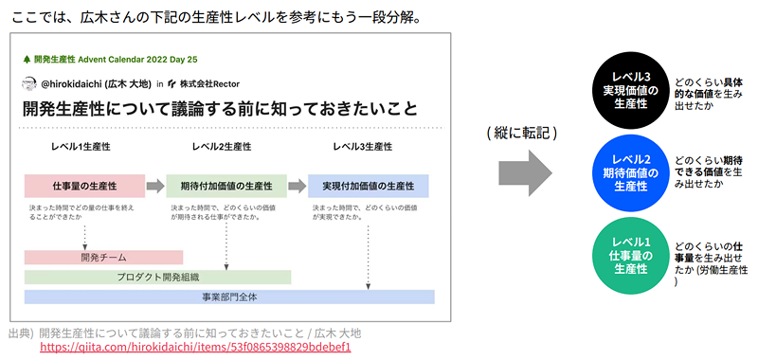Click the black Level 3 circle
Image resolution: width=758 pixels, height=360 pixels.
click(x=630, y=91)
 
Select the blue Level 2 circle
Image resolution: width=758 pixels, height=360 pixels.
click(x=630, y=173)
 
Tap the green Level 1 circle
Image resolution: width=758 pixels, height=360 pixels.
click(x=630, y=256)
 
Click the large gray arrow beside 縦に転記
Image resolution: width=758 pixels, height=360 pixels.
click(x=525, y=173)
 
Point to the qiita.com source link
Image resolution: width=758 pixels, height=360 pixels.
click(x=195, y=348)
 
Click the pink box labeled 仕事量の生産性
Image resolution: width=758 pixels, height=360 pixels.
click(x=84, y=186)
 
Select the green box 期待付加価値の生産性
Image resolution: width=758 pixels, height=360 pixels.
click(x=226, y=186)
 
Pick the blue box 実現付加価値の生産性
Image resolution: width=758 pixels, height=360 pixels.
click(x=369, y=186)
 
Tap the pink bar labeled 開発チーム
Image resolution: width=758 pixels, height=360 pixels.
click(x=103, y=258)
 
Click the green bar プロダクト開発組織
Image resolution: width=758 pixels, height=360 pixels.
click(x=157, y=278)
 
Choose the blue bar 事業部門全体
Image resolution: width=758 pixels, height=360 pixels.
click(x=229, y=297)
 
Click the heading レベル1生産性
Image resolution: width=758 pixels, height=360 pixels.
click(x=81, y=147)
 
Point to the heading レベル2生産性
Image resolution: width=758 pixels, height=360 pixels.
click(x=222, y=147)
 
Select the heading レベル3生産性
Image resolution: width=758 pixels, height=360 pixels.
click(x=363, y=147)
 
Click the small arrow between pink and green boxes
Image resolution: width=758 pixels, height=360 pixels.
click(x=155, y=186)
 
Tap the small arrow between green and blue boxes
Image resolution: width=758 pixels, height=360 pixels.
click(x=298, y=186)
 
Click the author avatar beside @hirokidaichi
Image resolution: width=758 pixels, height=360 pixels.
click(x=29, y=83)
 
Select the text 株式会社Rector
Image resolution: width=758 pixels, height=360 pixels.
click(x=209, y=84)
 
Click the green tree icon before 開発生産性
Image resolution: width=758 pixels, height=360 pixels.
click(x=27, y=60)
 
